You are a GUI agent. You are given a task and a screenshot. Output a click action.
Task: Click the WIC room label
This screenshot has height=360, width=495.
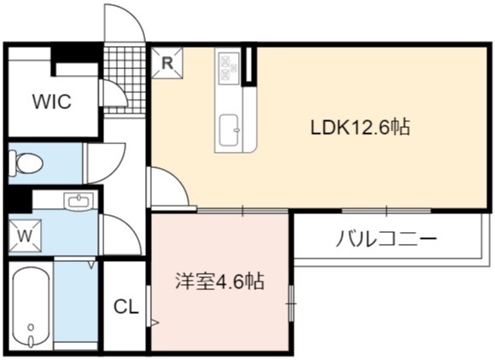[52, 102]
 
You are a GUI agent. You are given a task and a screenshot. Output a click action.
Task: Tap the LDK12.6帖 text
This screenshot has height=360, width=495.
[360, 127]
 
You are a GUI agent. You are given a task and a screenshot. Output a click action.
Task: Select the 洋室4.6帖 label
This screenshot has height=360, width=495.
[219, 281]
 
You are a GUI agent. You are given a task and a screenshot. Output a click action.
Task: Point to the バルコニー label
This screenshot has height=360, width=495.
[387, 239]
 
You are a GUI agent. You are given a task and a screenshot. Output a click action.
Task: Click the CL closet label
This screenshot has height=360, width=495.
[126, 306]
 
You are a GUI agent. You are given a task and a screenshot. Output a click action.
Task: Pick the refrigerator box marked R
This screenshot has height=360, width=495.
[167, 63]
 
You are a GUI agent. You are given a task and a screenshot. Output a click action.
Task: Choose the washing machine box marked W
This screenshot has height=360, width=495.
[25, 235]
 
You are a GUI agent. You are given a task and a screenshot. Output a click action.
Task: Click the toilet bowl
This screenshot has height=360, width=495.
[26, 164]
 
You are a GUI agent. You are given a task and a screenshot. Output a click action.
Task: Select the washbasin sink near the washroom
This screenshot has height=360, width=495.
[79, 201]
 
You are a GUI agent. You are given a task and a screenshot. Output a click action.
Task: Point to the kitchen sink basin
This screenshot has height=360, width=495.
[230, 131]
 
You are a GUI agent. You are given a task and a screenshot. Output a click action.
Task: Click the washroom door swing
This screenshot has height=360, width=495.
[131, 227]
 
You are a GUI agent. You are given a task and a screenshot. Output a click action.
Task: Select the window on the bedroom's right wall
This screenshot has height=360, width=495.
[291, 303]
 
